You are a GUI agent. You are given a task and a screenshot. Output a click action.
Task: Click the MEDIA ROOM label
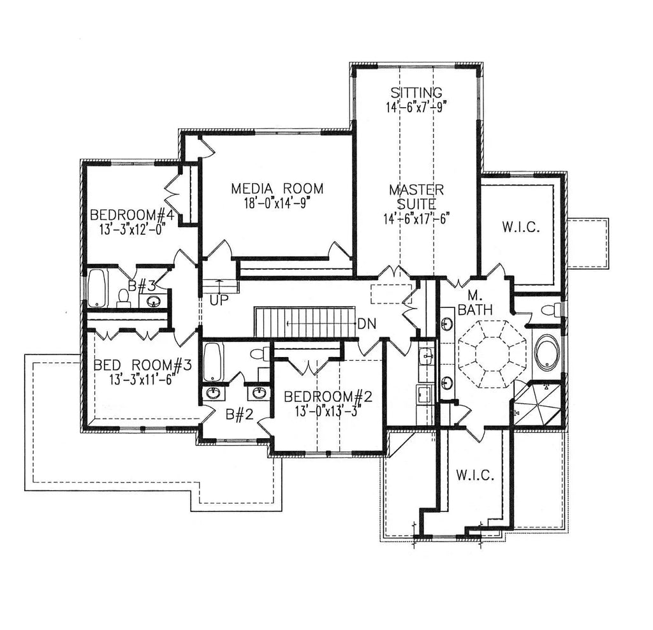pyautogui.click(x=277, y=189)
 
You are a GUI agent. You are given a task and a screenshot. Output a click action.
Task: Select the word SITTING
pyautogui.click(x=416, y=93)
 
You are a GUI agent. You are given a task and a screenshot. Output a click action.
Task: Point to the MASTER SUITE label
pyautogui.click(x=416, y=197)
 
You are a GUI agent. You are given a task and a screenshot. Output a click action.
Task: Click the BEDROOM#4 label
pyautogui.click(x=132, y=214)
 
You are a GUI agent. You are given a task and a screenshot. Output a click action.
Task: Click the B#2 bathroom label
pyautogui.click(x=240, y=414)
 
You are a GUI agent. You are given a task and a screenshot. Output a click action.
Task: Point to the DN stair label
pyautogui.click(x=367, y=323)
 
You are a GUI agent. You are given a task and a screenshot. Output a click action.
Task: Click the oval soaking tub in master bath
pyautogui.click(x=547, y=353)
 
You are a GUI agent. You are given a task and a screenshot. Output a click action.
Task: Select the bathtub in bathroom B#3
pyautogui.click(x=96, y=288)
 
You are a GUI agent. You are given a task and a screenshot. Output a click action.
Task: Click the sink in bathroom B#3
pyautogui.click(x=154, y=301)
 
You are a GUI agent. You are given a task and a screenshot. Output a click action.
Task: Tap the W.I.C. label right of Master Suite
pyautogui.click(x=521, y=227)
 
